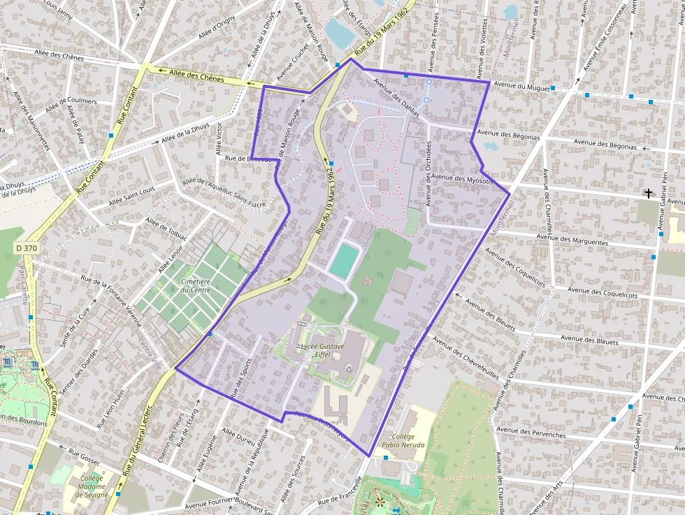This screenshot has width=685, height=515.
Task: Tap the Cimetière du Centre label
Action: pyautogui.click(x=196, y=285)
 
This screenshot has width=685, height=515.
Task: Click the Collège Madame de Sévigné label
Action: pyautogui.click(x=93, y=486)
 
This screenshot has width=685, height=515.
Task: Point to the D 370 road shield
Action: pyautogui.click(x=27, y=248)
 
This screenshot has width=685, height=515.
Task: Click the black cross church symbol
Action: pyautogui.click(x=648, y=193)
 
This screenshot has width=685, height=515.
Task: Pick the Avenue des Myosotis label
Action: pyautogui.click(x=463, y=180)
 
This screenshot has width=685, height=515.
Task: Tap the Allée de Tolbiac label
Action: pyautogui.click(x=166, y=231)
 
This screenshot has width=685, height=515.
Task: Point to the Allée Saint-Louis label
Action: pyautogui.click(x=131, y=195)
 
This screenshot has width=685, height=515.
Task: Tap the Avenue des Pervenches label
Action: pyautogui.click(x=531, y=432)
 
